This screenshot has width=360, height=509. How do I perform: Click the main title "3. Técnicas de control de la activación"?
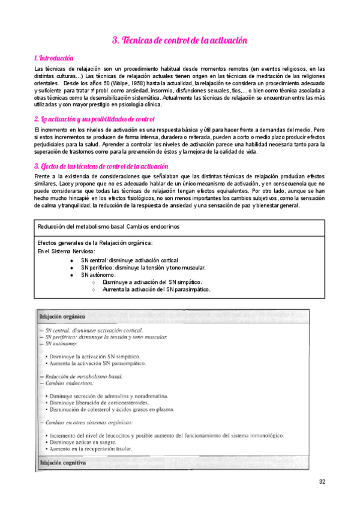click(179, 40)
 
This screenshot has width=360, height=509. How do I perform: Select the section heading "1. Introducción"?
click(54, 58)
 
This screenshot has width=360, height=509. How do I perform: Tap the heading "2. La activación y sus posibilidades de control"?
click(94, 119)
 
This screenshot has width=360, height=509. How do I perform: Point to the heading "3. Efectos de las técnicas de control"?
click(101, 166)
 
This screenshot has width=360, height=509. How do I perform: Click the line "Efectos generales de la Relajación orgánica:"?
click(95, 242)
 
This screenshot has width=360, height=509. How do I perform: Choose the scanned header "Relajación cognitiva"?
click(62, 463)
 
